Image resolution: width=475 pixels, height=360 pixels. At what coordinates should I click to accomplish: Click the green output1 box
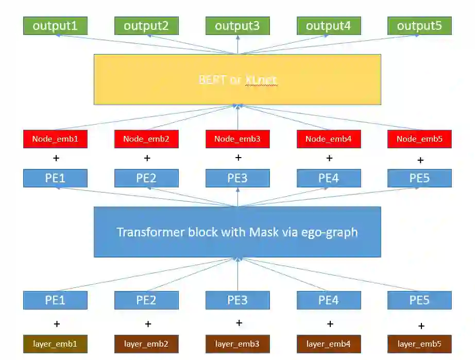tap(55, 26)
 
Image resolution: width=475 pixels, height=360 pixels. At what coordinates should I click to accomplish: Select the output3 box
tap(237, 26)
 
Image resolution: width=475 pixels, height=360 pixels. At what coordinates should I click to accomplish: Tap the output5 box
tap(419, 26)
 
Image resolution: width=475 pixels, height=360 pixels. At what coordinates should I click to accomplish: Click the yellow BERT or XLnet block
tap(237, 79)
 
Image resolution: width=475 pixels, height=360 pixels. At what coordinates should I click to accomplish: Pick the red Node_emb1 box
tap(55, 139)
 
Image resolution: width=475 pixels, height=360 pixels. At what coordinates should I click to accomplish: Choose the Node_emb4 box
tap(329, 139)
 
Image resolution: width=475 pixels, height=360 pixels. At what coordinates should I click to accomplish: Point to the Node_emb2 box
tap(146, 139)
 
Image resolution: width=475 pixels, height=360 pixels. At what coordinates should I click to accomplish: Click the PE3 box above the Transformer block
tap(237, 178)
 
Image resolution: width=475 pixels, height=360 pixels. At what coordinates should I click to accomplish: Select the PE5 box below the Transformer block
tap(419, 300)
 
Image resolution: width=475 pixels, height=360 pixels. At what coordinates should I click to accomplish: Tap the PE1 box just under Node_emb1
tap(55, 178)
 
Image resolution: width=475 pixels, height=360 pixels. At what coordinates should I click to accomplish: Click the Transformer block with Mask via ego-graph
tap(237, 232)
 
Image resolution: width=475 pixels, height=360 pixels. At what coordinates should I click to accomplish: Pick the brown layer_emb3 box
tap(237, 344)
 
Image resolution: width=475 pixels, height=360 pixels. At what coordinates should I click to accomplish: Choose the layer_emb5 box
tap(419, 344)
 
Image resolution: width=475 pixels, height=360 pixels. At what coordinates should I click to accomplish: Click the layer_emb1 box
tap(55, 344)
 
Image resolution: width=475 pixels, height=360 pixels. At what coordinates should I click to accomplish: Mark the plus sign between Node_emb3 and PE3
tap(238, 158)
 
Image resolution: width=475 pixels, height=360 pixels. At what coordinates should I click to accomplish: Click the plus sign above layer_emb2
tap(148, 324)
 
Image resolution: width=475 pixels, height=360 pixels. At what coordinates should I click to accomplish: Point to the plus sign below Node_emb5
tap(420, 160)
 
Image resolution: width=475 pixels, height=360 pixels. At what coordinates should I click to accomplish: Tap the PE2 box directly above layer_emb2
tap(146, 300)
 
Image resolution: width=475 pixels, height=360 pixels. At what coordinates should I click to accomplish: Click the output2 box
tap(146, 26)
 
